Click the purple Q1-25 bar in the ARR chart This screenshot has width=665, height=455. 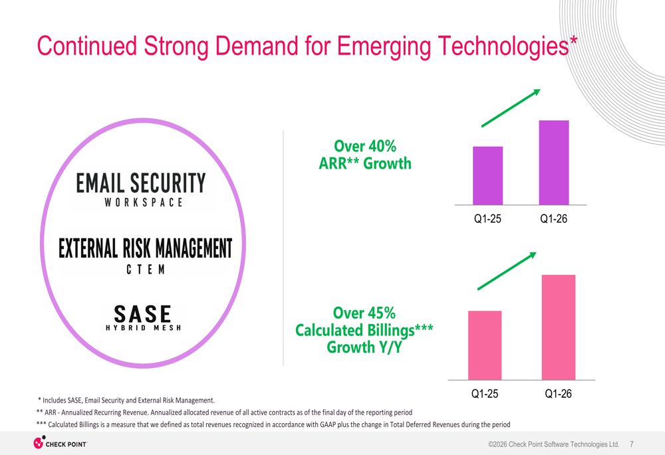487,176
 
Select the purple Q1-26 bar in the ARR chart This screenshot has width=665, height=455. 554,163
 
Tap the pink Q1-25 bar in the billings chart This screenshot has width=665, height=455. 485,345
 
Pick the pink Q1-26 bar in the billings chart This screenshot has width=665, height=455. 559,327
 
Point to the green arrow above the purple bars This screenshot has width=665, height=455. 511,108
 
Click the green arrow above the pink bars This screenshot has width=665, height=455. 507,271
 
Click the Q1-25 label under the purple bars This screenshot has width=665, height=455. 487,219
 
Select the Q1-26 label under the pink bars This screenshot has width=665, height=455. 558,394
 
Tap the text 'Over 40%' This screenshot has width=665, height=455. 365,146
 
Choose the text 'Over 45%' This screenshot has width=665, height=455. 364,313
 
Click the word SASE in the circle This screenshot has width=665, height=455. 142,314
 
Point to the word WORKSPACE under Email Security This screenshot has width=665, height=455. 144,203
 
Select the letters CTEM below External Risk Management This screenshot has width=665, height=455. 146,270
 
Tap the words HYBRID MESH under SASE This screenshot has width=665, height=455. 144,328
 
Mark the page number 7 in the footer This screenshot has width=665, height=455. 632,444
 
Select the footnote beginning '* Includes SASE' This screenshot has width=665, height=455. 126,401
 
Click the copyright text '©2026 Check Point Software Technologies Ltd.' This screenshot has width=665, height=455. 554,444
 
